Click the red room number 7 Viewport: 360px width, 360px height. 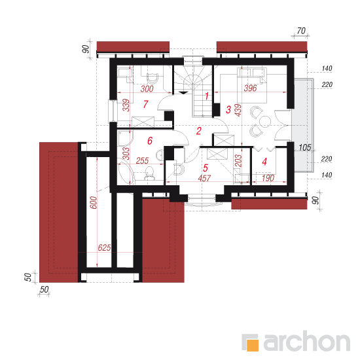(145, 104)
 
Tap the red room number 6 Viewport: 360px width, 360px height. (150, 141)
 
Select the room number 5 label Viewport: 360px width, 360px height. (206, 168)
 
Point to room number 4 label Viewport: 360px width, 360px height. (264, 162)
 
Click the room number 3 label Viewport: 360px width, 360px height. (228, 109)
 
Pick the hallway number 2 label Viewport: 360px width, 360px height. (199, 131)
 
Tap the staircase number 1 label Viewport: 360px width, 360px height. (207, 96)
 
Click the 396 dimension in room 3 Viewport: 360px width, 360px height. (250, 88)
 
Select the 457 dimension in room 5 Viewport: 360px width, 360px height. (204, 178)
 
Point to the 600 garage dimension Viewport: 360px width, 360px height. (94, 202)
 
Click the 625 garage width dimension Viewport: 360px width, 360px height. (104, 247)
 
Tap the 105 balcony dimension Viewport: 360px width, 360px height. (305, 147)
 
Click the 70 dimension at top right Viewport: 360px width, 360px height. (301, 31)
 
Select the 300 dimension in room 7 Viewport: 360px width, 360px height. (147, 88)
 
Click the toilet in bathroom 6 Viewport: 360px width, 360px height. (149, 173)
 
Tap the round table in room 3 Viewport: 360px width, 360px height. (264, 122)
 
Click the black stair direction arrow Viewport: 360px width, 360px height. (183, 92)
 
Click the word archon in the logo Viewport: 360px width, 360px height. (307, 342)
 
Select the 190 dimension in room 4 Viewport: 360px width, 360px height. (268, 178)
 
